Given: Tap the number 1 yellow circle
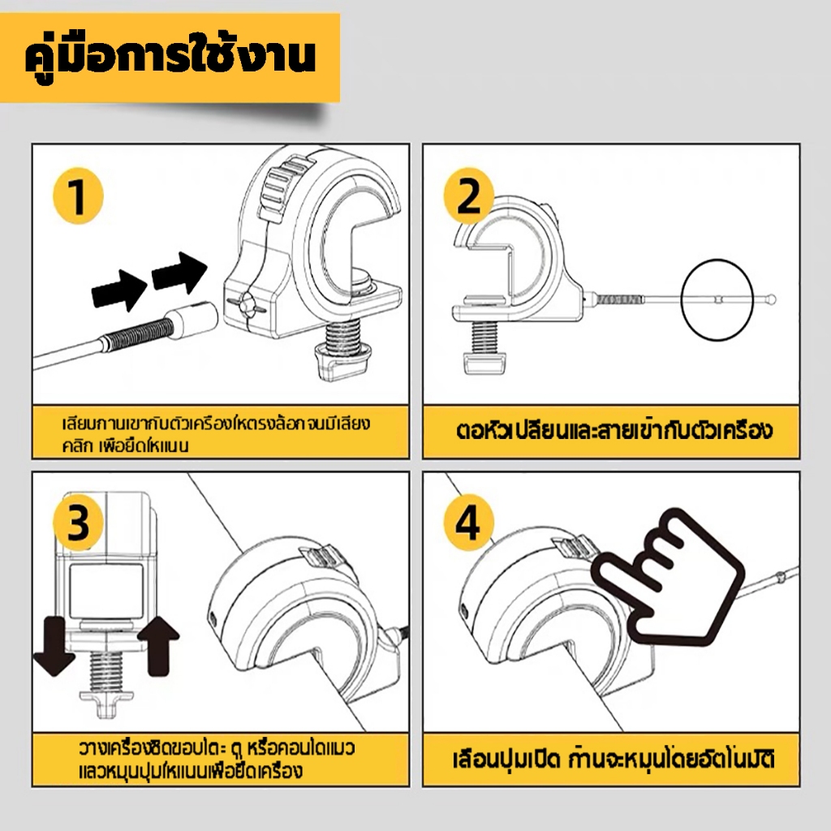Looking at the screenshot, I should pos(78,198).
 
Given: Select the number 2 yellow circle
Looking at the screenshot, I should pos(469,197).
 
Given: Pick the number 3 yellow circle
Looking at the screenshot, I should pos(79,525).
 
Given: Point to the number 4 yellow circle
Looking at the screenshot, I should pos(468,525).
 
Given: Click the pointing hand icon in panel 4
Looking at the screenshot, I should pos(668,579).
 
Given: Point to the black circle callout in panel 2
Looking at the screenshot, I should pos(717,298).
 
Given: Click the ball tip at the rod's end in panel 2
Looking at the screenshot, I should pos(772,299).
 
